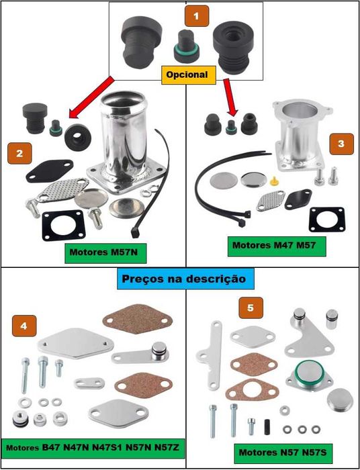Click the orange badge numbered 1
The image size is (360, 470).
(x=197, y=15)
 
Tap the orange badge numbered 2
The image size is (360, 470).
(x=19, y=152)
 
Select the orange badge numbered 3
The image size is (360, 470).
(x=342, y=143)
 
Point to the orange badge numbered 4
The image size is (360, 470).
(x=24, y=326)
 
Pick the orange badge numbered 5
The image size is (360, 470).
(x=251, y=309)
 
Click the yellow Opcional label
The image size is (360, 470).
(x=187, y=75)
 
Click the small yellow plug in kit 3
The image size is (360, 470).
(x=275, y=180)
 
